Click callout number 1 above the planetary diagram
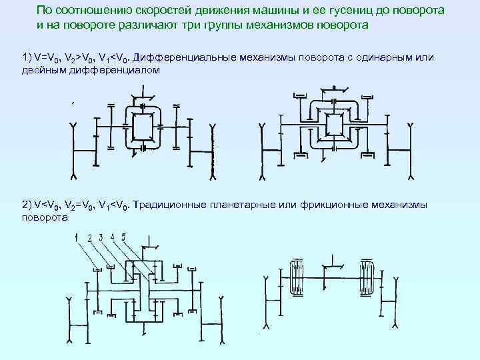(79, 237)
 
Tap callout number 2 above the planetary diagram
(89, 237)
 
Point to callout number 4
(113, 237)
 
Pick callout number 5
(123, 237)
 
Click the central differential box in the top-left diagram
(143, 127)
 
